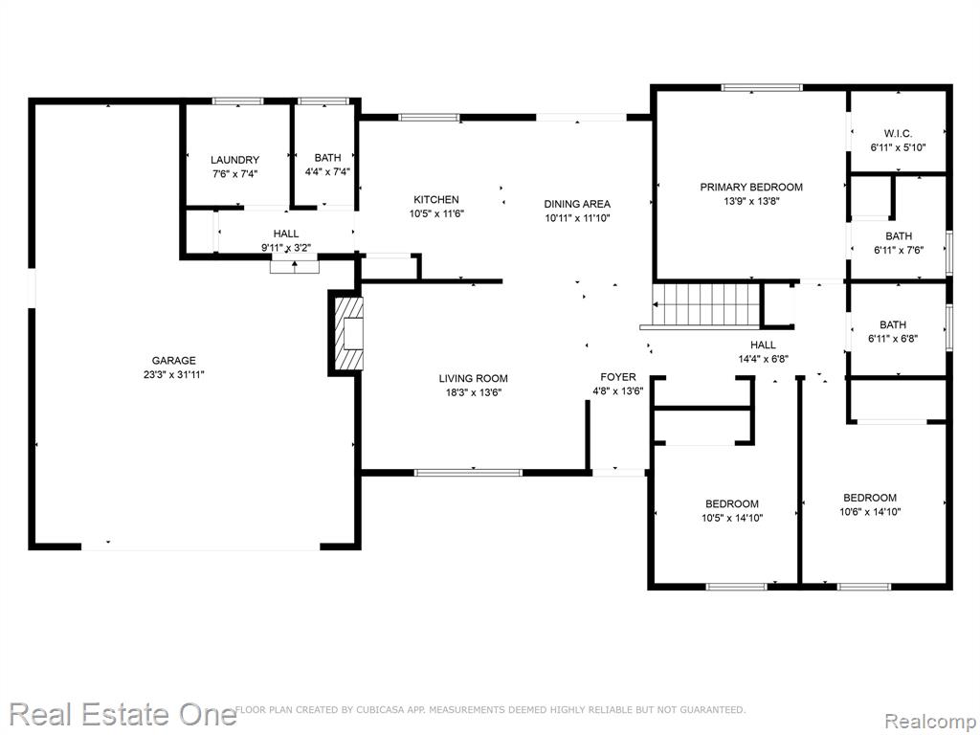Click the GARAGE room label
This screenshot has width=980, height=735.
[x=174, y=361]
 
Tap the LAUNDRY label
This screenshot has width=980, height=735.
[x=235, y=160]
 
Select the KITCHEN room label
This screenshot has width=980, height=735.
[x=436, y=199]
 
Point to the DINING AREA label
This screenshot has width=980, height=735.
[x=577, y=204]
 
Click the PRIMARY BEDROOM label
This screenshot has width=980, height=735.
[x=751, y=187]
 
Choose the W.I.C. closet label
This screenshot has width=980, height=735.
[x=898, y=133]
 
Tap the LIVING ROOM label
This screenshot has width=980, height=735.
[x=473, y=378]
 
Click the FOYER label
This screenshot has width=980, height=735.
[x=618, y=377]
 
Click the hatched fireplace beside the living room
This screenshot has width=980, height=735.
[x=348, y=333]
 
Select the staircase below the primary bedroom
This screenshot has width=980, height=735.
[x=705, y=305]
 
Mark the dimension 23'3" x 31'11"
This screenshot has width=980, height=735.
[x=174, y=375]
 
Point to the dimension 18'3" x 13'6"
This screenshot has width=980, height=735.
[x=473, y=392]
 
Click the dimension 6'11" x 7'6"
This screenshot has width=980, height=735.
[x=898, y=250]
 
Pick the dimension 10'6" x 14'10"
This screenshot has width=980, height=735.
[x=870, y=512]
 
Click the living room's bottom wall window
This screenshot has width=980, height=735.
[x=468, y=473]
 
